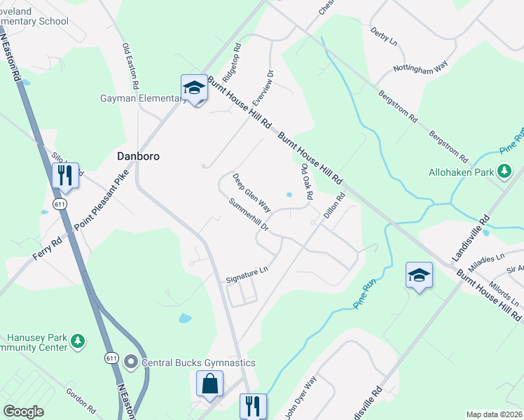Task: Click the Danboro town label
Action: tap(138, 156)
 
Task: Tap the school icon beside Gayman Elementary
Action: tap(194, 88)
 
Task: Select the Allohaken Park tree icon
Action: tap(504, 171)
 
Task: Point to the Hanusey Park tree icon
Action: tap(79, 340)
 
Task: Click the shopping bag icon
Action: tap(209, 384)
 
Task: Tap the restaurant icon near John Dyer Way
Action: tap(253, 405)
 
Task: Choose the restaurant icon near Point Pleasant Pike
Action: tap(65, 175)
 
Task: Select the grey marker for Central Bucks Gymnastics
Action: tap(131, 362)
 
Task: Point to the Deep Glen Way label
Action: tap(251, 193)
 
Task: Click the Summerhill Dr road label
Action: tap(249, 216)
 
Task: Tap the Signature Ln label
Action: tap(247, 274)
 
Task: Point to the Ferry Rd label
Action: tap(47, 249)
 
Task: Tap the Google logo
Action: tap(23, 412)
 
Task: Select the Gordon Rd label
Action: tap(80, 400)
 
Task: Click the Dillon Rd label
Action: tap(333, 208)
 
